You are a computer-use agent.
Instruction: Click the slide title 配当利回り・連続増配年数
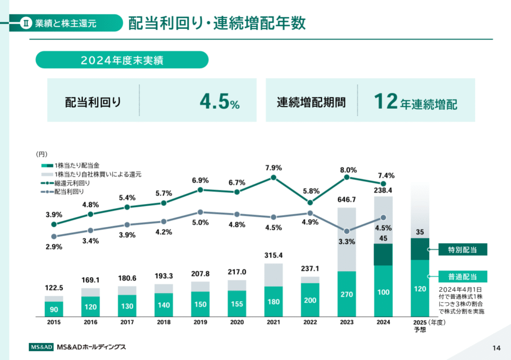click(217, 23)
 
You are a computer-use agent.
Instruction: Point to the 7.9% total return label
click(273, 168)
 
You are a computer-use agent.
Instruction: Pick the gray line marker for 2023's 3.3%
click(347, 231)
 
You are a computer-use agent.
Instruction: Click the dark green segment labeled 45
click(383, 254)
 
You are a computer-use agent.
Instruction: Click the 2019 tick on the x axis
click(200, 322)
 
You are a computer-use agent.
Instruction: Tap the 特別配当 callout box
click(463, 250)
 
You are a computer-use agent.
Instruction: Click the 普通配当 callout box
click(463, 276)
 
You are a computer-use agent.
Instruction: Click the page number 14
click(496, 348)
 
